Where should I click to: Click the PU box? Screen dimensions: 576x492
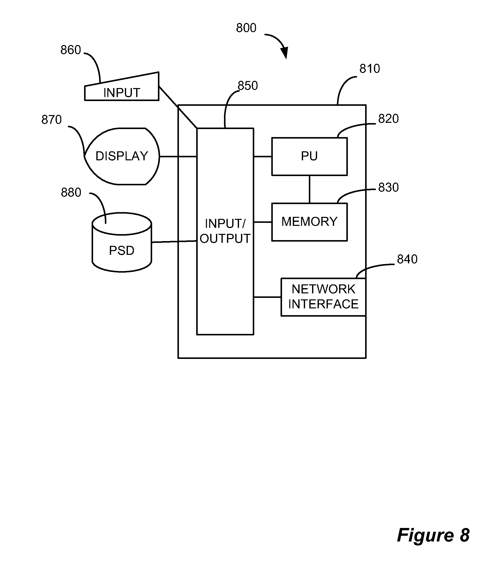(309, 157)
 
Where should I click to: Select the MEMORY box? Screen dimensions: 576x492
(309, 222)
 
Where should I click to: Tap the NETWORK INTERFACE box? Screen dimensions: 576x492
(323, 297)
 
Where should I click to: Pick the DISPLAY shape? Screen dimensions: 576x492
(122, 156)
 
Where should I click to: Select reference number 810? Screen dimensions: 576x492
(370, 69)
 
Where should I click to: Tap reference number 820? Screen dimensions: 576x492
(388, 119)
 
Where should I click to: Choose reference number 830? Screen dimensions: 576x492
(388, 188)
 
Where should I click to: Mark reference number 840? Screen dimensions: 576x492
(407, 259)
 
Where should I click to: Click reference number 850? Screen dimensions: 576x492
(248, 86)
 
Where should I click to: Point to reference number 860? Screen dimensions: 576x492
(71, 50)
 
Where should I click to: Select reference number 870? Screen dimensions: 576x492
(52, 120)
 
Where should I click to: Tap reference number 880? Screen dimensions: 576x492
(71, 192)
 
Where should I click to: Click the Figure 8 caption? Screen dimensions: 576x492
(433, 535)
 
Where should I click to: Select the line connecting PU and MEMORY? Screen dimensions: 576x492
(310, 189)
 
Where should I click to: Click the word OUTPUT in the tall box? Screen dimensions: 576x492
(225, 239)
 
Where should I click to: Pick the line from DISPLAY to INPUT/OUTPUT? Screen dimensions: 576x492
(178, 157)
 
